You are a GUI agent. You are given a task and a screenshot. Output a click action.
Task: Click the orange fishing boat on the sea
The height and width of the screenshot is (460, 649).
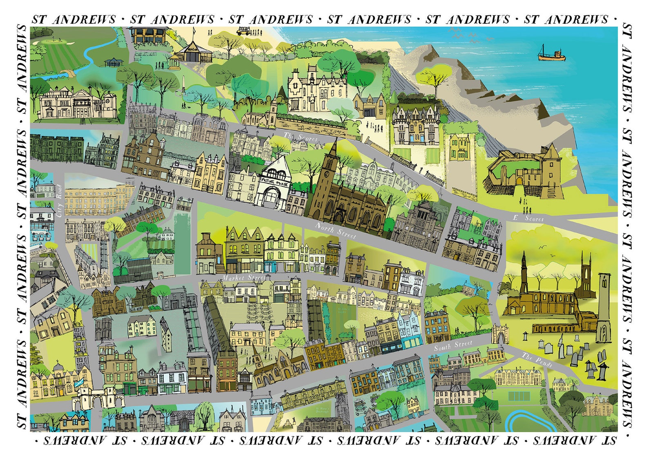tap(551, 54)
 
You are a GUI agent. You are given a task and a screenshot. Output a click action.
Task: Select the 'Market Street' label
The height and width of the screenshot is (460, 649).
tap(244, 277)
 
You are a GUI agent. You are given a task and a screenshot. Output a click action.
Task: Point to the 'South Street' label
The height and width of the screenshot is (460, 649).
tap(453, 345)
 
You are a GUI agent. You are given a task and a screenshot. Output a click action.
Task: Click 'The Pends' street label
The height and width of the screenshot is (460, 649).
tap(537, 360)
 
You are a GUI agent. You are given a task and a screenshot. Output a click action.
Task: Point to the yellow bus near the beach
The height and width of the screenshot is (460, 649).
tap(243, 31)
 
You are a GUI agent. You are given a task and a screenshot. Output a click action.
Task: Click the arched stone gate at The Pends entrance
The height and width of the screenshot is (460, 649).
tap(499, 334)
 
